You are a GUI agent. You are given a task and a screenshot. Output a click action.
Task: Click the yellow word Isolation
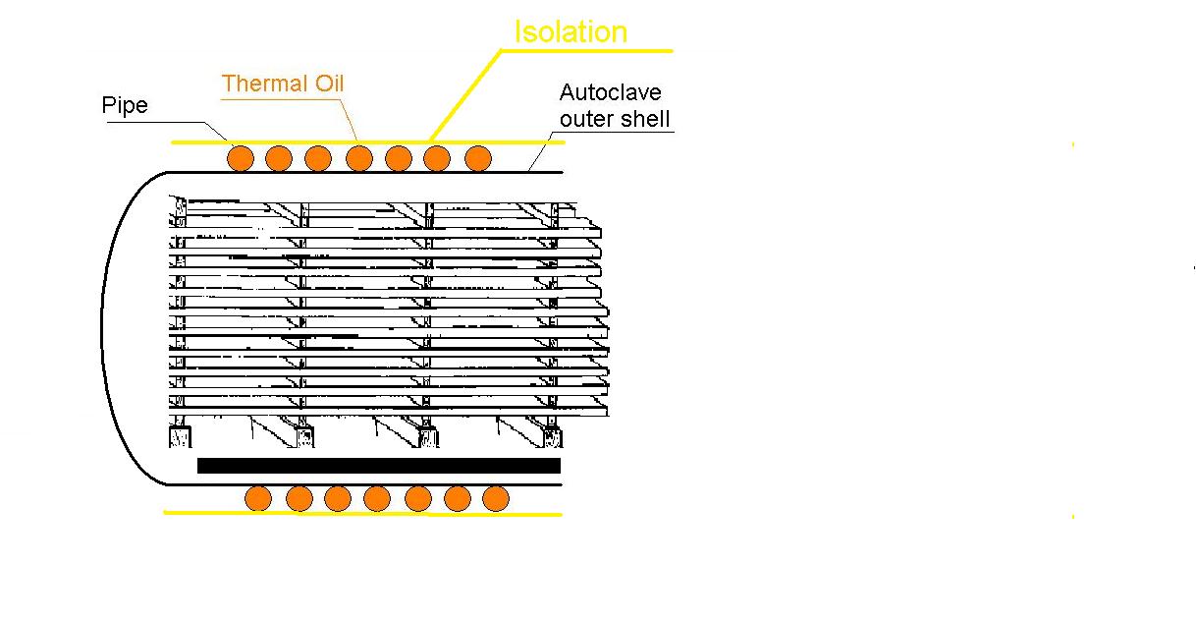tap(571, 31)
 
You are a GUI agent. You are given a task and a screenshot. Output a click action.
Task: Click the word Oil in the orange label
tap(329, 84)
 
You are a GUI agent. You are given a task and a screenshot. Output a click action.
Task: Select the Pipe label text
tap(125, 105)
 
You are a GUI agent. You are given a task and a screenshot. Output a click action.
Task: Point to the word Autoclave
tap(611, 92)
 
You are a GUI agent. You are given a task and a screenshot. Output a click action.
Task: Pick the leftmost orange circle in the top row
tap(241, 158)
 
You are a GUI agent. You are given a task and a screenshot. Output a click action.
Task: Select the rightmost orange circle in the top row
tap(478, 158)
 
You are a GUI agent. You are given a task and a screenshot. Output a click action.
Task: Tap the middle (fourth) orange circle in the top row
tap(358, 158)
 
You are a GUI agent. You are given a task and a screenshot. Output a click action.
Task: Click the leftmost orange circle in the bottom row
tap(258, 498)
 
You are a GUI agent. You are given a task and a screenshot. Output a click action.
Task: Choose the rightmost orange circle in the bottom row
tap(496, 498)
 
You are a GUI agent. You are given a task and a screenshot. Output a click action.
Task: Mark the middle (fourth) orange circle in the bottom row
tap(377, 498)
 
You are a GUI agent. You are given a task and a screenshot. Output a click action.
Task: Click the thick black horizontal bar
tap(379, 466)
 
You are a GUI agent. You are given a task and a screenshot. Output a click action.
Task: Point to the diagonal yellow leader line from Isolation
tap(465, 96)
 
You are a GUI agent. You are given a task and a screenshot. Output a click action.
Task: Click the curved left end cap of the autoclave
tap(102, 326)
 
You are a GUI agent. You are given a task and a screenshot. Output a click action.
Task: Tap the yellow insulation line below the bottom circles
tap(362, 514)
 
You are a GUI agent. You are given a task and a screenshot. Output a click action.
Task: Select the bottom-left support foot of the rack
tap(180, 436)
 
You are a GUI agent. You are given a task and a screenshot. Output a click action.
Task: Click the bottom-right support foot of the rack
tap(553, 437)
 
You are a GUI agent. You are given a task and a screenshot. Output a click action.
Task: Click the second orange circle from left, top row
tap(279, 158)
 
